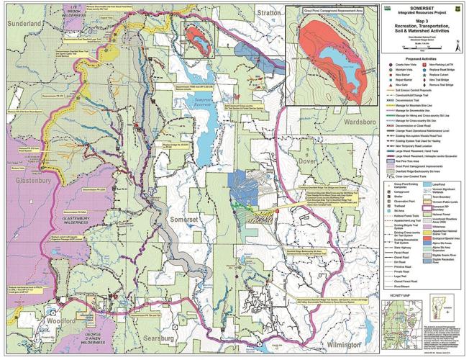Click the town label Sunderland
[x=22, y=23]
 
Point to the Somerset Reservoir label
[x=204, y=105]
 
